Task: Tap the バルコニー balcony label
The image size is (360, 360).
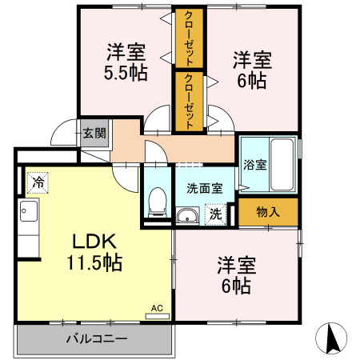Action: [x=95, y=339]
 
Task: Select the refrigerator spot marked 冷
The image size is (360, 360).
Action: [x=37, y=182]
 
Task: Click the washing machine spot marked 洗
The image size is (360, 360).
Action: [x=214, y=214]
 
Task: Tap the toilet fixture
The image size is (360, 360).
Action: [x=158, y=201]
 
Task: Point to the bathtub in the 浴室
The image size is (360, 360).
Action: [x=283, y=164]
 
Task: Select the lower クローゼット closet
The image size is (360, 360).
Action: [x=188, y=101]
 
